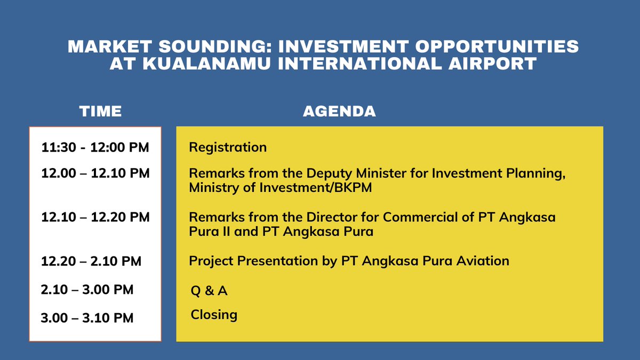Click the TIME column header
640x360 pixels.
point(100,111)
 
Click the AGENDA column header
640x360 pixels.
point(339,111)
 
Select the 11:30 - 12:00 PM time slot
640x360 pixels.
point(95,147)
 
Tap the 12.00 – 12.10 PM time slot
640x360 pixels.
point(95,173)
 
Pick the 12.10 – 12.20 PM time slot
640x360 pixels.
point(95,217)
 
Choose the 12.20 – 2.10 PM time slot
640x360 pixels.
point(91,261)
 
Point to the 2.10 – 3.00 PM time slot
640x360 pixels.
point(87,290)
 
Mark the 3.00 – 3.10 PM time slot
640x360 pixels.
point(87,318)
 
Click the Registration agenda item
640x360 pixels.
point(228,147)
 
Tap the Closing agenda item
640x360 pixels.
point(214,315)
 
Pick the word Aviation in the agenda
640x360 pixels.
point(483,261)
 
